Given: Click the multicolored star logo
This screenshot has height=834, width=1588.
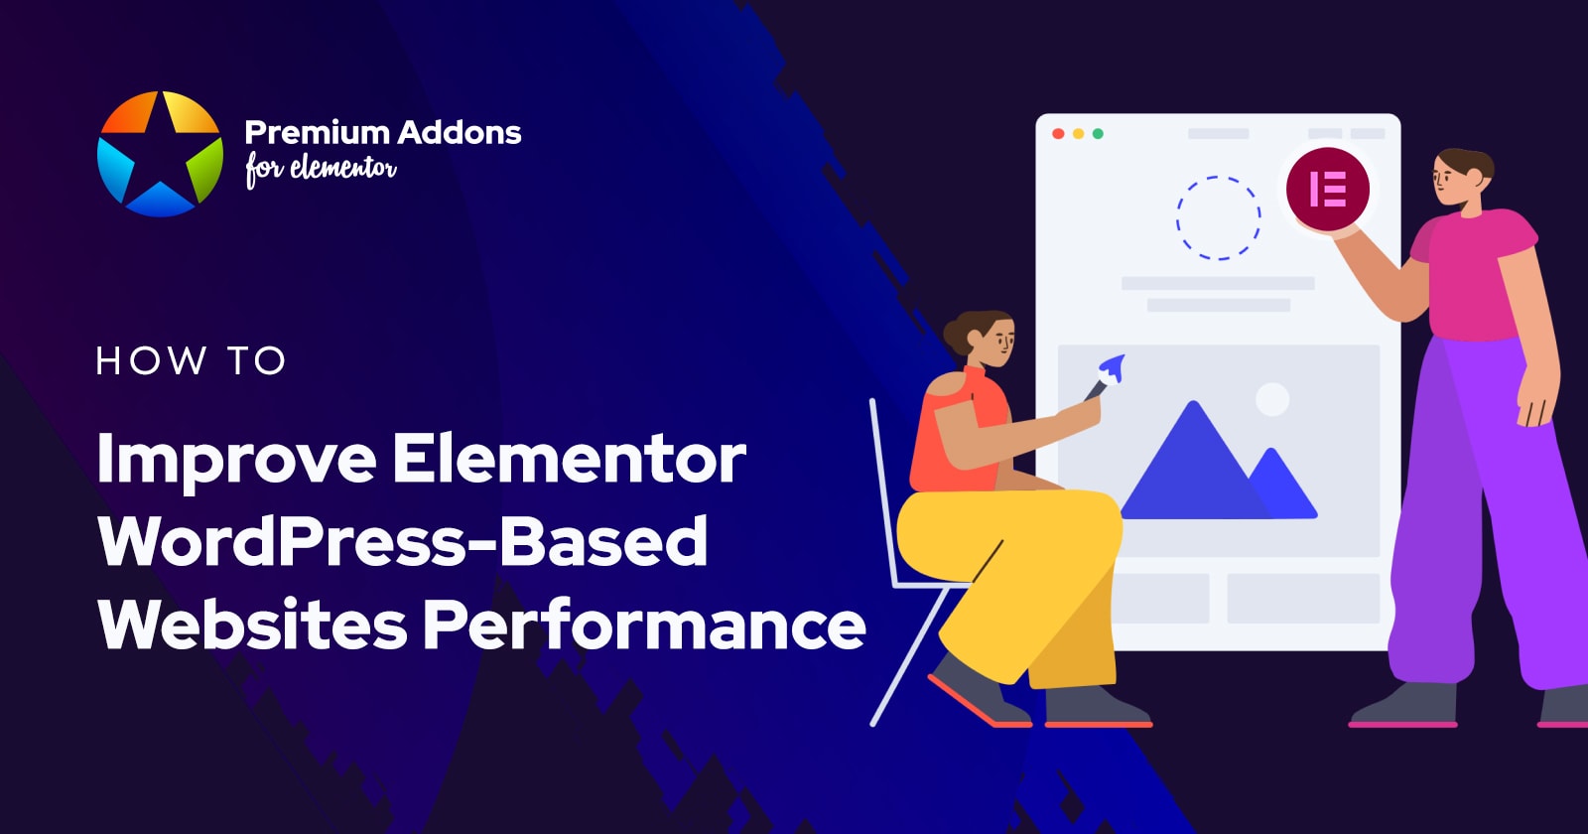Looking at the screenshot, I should (x=160, y=154).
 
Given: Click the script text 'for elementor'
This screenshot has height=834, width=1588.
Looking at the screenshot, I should (x=321, y=169).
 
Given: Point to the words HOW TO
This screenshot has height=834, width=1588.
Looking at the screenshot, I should (x=191, y=360).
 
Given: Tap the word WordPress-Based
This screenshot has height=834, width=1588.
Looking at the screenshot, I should (x=403, y=542).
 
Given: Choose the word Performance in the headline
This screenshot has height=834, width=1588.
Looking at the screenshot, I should (x=644, y=625).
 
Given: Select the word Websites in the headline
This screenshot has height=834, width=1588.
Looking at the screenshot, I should (x=252, y=625).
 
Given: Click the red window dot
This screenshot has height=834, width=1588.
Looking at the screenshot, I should (x=1058, y=133).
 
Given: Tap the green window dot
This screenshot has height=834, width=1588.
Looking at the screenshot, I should (x=1098, y=133).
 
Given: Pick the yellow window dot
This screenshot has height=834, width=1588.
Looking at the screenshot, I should (x=1078, y=133).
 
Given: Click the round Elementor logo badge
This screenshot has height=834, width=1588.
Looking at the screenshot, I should (x=1327, y=189).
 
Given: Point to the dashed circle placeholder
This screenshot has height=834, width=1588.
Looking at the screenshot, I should (x=1218, y=217).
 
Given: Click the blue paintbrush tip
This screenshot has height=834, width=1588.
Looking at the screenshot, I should (x=1114, y=367).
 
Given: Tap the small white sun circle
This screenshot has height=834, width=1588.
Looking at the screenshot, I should (x=1272, y=399).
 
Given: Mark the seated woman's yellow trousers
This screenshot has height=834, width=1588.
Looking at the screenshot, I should (x=1022, y=576).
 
